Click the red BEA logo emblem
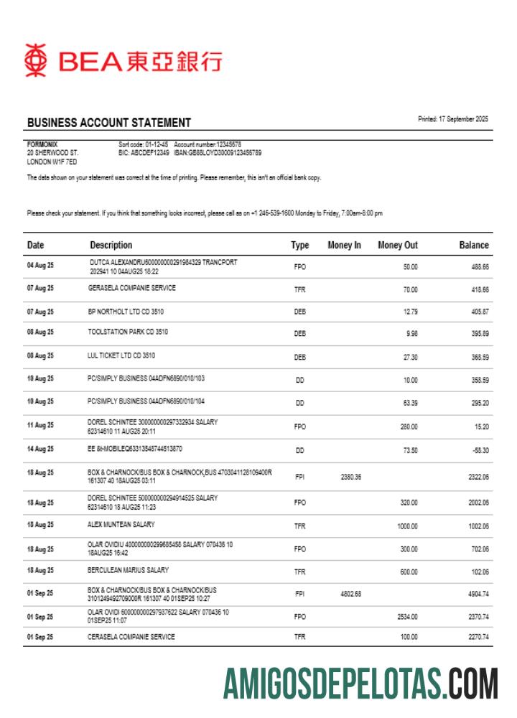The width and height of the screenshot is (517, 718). tap(36, 60)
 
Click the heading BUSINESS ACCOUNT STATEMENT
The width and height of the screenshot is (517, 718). tap(108, 123)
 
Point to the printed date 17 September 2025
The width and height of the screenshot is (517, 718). tap(452, 119)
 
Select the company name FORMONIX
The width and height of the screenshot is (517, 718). tap(42, 144)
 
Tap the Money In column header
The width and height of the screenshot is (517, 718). tap(344, 246)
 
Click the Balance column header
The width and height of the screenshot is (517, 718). tap(473, 246)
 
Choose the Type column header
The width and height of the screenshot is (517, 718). tap(299, 246)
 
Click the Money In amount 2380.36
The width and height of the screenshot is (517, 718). tap(350, 477)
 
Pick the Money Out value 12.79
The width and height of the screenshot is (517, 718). tap(410, 312)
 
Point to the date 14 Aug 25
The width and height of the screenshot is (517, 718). tap(40, 449)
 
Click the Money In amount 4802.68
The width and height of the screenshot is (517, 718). tap(350, 594)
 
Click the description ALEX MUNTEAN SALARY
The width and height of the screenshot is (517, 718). tap(121, 524)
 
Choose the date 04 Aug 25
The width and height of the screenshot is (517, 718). tap(40, 266)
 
